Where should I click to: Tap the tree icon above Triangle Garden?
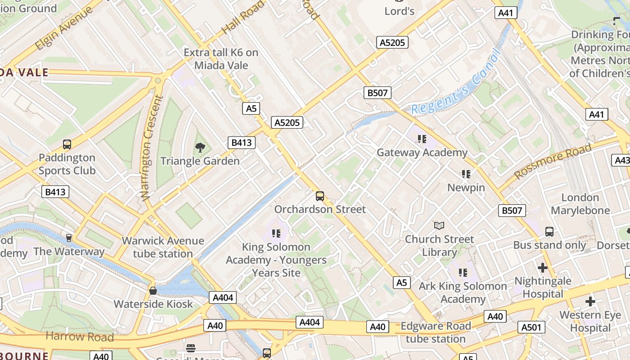point(200,147)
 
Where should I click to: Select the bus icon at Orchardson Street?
point(320,196)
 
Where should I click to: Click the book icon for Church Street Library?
point(439,225)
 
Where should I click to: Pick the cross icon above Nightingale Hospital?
point(543,267)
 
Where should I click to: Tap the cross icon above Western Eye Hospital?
point(590,301)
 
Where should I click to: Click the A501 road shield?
point(531,327)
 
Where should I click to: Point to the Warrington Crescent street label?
point(152,148)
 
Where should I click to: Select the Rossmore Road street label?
point(553,161)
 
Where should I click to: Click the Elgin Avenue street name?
point(63,29)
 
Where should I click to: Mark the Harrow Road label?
point(80,336)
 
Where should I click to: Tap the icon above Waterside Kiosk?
point(153,290)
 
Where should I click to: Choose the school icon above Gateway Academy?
point(422,139)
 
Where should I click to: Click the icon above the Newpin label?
point(466,174)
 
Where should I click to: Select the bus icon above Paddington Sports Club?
point(67,144)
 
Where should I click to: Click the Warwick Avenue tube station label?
point(163,247)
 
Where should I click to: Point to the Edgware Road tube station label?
point(436,333)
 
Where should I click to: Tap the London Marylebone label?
point(580,204)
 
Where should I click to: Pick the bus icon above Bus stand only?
point(549,232)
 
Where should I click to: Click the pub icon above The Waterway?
point(69,238)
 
